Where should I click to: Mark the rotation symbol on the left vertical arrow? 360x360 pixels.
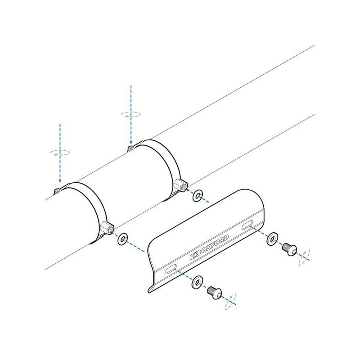[60, 153]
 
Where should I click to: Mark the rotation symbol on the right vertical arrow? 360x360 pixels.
[130, 114]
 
